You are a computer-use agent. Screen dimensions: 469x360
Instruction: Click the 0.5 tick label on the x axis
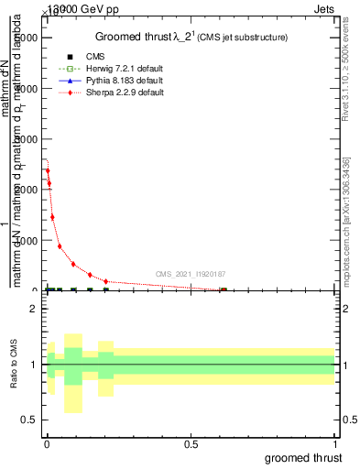pos(191,443)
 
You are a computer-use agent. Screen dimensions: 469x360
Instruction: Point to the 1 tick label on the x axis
pos(335,443)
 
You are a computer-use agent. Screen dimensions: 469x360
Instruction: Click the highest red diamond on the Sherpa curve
pos(48,170)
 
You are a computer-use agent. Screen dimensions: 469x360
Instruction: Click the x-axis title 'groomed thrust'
pos(303,456)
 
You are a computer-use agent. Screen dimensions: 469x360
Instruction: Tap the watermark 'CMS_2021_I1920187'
pos(191,274)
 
